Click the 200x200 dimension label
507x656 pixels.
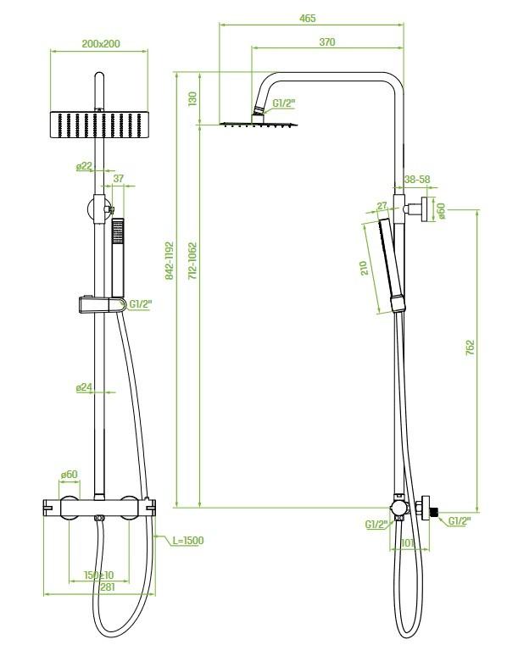point(101,43)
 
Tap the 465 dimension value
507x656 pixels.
point(308,19)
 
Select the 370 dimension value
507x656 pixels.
point(327,42)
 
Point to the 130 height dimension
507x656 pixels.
point(192,99)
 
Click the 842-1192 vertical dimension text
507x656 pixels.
point(169,261)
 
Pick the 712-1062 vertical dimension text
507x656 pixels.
point(192,261)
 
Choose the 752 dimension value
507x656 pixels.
point(471,348)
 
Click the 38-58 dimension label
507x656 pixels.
point(417,180)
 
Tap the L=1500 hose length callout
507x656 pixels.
point(188,541)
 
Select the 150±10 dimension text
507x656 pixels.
point(99,575)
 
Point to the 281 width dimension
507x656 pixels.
point(108,587)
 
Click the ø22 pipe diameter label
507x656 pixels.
point(84,166)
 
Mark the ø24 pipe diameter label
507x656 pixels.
point(84,388)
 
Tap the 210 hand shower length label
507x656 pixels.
point(365,268)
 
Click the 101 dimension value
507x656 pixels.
point(408,543)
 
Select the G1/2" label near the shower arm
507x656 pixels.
point(284,103)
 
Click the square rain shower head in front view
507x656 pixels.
point(99,125)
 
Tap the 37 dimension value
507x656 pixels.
point(119,178)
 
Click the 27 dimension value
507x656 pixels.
point(382,206)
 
